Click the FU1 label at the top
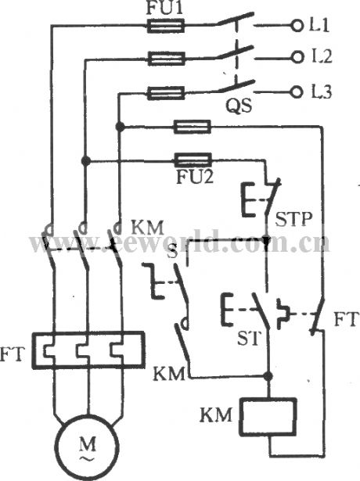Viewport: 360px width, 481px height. click(x=166, y=9)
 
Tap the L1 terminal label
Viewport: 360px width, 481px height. click(x=321, y=25)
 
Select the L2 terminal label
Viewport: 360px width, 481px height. click(x=321, y=57)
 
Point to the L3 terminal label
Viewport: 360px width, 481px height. click(x=321, y=92)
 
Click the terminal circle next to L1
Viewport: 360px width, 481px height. click(x=296, y=26)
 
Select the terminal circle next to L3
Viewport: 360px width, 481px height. click(x=296, y=92)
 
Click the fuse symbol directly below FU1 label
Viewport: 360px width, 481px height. click(x=166, y=26)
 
